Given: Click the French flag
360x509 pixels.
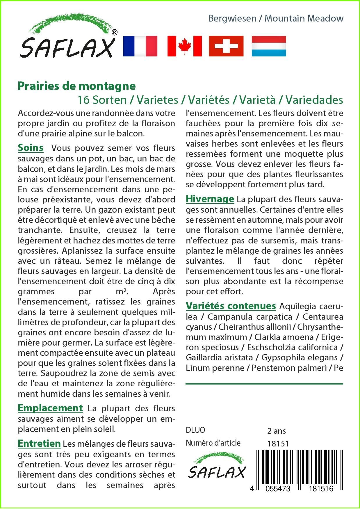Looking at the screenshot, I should [140, 46].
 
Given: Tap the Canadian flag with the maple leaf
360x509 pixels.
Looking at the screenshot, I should [184, 46].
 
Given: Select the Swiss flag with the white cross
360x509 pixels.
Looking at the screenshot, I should [226, 46].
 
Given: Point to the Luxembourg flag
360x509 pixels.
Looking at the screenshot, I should [269, 46].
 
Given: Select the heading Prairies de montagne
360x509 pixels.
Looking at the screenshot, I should [77, 86].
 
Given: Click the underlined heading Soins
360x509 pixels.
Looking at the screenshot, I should [31, 148].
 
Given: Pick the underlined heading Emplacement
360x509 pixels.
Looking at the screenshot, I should [50, 408].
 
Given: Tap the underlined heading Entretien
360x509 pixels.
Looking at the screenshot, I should [39, 444].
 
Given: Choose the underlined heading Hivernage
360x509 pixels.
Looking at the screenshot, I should [210, 199].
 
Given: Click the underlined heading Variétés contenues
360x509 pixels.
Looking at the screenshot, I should [231, 306].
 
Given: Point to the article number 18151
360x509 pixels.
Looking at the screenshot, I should [278, 444].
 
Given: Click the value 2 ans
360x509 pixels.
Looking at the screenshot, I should [276, 431].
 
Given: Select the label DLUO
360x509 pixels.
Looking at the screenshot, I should [195, 430].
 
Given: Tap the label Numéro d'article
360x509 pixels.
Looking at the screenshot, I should [213, 443].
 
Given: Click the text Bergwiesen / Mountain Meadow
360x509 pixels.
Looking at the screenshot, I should [276, 18].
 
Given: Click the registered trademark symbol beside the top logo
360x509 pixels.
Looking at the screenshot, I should [115, 33].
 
